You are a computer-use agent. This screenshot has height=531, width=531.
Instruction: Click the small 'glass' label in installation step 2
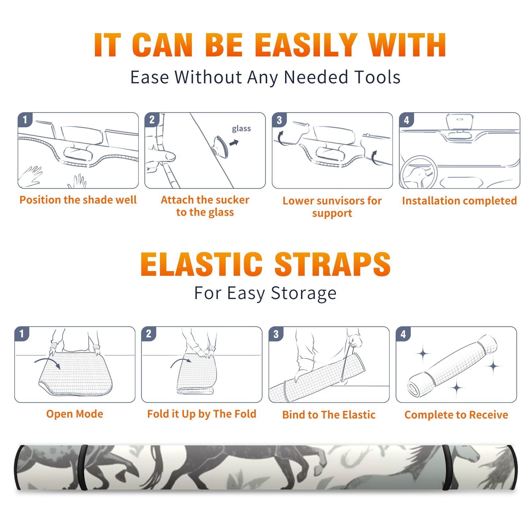pyautogui.click(x=241, y=129)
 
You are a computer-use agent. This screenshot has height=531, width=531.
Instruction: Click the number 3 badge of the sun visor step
pyautogui.click(x=279, y=120)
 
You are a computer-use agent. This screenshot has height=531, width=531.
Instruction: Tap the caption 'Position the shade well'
pyautogui.click(x=78, y=200)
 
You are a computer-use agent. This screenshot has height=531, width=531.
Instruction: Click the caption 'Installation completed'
pyautogui.click(x=459, y=201)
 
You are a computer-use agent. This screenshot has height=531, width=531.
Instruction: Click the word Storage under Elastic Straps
pyautogui.click(x=304, y=293)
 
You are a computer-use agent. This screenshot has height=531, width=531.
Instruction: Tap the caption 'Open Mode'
pyautogui.click(x=75, y=414)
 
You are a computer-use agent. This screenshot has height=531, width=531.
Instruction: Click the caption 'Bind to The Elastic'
pyautogui.click(x=329, y=415)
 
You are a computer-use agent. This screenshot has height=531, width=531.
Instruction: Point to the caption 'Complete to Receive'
pyautogui.click(x=456, y=415)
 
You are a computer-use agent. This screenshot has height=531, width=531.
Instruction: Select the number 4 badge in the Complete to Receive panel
pyautogui.click(x=403, y=334)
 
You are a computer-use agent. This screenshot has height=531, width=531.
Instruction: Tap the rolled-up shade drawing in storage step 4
pyautogui.click(x=452, y=366)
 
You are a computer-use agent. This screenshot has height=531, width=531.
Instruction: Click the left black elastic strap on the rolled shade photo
pyautogui.click(x=83, y=467)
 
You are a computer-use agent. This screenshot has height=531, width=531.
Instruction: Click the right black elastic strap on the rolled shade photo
pyautogui.click(x=447, y=467)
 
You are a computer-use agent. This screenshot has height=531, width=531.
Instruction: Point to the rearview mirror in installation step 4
pyautogui.click(x=460, y=122)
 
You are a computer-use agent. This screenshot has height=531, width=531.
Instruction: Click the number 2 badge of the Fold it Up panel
pyautogui.click(x=149, y=334)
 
